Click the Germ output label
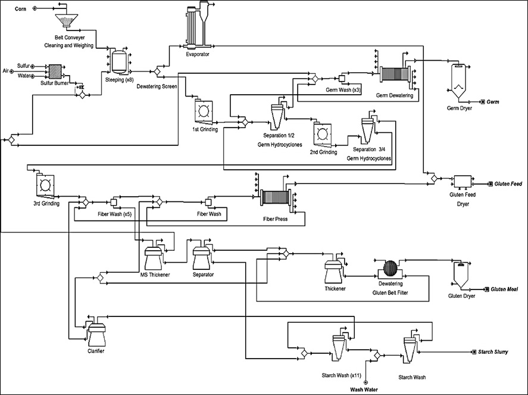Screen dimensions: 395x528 point(492,102)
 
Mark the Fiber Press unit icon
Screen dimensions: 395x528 point(275,198)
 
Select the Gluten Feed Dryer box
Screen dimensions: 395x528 point(463,181)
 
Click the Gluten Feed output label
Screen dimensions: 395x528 point(508,184)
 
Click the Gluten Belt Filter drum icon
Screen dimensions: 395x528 point(389,269)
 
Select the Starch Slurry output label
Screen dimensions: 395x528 point(493,352)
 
